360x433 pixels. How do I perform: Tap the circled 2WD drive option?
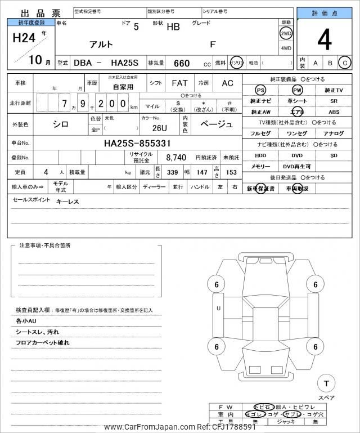pos(286,33)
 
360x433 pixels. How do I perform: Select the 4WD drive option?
pos(286,48)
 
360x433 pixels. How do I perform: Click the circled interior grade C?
pos(344,63)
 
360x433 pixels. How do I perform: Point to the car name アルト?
pos(101,44)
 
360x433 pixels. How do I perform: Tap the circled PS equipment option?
pos(260,90)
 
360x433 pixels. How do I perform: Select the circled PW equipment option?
pos(297,90)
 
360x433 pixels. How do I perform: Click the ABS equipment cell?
pos(334,112)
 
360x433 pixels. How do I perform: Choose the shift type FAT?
pos(179,83)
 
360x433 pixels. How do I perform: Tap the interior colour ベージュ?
pos(217,123)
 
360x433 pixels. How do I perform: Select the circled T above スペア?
pos(326,383)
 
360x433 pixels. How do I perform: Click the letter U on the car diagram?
pos(218,308)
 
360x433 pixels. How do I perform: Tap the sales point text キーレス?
pos(67,201)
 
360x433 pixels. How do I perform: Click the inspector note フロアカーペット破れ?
pos(43,343)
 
